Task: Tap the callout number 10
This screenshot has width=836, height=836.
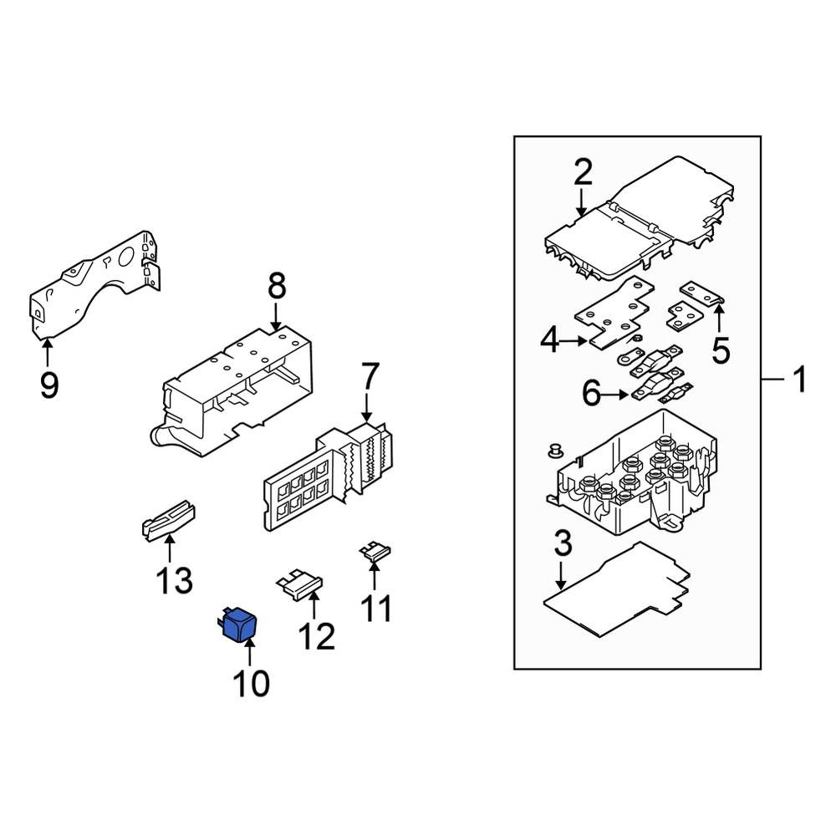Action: coord(251,683)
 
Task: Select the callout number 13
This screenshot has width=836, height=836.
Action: coord(175,580)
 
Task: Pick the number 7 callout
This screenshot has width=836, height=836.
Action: coord(370,376)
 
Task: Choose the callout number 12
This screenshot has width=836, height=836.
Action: coord(317,635)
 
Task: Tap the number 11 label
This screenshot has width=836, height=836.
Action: coord(376,608)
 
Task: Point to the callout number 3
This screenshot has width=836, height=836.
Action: coord(563,543)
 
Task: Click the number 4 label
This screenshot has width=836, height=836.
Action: coord(550,341)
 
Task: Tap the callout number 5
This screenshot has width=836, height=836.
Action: coord(721,351)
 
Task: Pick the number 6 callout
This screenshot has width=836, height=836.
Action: coord(592,393)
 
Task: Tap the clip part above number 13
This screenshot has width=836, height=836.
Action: coord(169,520)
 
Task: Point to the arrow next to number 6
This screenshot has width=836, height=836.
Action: coord(616,395)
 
